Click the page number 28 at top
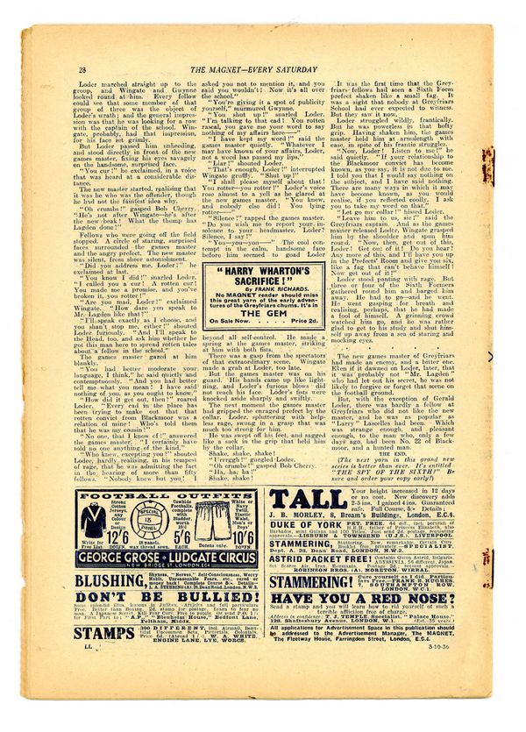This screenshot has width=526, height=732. tap(82, 69)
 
